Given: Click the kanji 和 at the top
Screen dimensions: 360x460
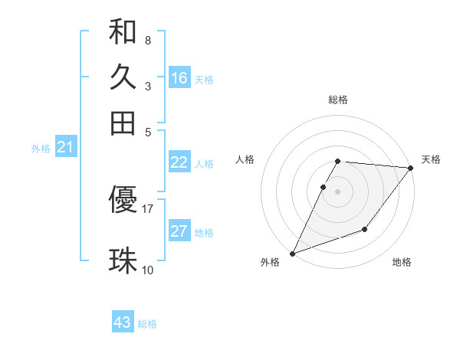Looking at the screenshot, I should click(x=123, y=33).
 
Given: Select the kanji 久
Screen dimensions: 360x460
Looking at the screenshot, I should click(x=123, y=77).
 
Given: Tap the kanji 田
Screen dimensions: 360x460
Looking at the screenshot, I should click(x=123, y=123).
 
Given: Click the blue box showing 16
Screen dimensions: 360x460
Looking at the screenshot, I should click(x=179, y=78).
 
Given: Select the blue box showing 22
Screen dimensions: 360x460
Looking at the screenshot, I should click(x=179, y=162).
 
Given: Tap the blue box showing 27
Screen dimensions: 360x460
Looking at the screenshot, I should click(x=179, y=231).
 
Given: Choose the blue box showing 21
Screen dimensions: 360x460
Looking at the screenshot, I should click(x=65, y=148).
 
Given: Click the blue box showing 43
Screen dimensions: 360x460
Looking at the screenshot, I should click(x=123, y=322).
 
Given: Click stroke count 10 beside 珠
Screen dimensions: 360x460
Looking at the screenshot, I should click(x=148, y=270).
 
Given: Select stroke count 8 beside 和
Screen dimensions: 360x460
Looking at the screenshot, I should click(x=147, y=40).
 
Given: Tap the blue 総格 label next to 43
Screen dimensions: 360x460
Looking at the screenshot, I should click(x=147, y=324).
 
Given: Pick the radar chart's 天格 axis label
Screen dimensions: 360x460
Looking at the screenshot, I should click(x=431, y=159).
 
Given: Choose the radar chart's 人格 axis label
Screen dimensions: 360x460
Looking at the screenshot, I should click(x=245, y=159).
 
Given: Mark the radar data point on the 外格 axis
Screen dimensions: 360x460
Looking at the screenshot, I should click(x=292, y=254).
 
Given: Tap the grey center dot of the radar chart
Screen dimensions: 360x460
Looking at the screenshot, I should click(x=337, y=191).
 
